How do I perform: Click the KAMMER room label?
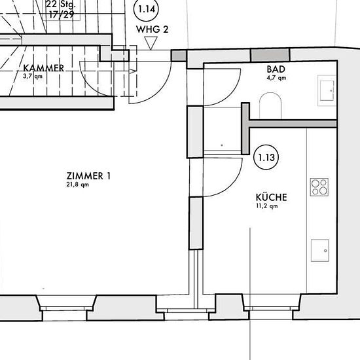[x=43, y=68]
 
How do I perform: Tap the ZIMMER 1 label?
[x=88, y=176]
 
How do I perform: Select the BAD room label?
[x=276, y=69]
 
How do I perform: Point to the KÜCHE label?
[x=272, y=197]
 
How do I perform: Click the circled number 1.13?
[x=266, y=157]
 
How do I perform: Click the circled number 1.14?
[x=146, y=9]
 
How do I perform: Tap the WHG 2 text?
[x=152, y=29]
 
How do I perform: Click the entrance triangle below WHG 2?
[x=151, y=43]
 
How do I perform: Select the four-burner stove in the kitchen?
[x=319, y=187]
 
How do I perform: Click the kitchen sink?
[x=320, y=251]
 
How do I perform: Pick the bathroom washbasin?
[x=327, y=90]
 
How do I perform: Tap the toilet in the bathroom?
[x=270, y=105]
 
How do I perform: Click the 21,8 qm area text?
[x=78, y=185]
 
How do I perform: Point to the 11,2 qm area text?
[x=267, y=206]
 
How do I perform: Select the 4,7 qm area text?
[x=276, y=78]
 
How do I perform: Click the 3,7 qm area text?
[x=33, y=76]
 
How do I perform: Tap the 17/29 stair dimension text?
[x=62, y=14]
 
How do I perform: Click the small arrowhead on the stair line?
[x=133, y=71]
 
